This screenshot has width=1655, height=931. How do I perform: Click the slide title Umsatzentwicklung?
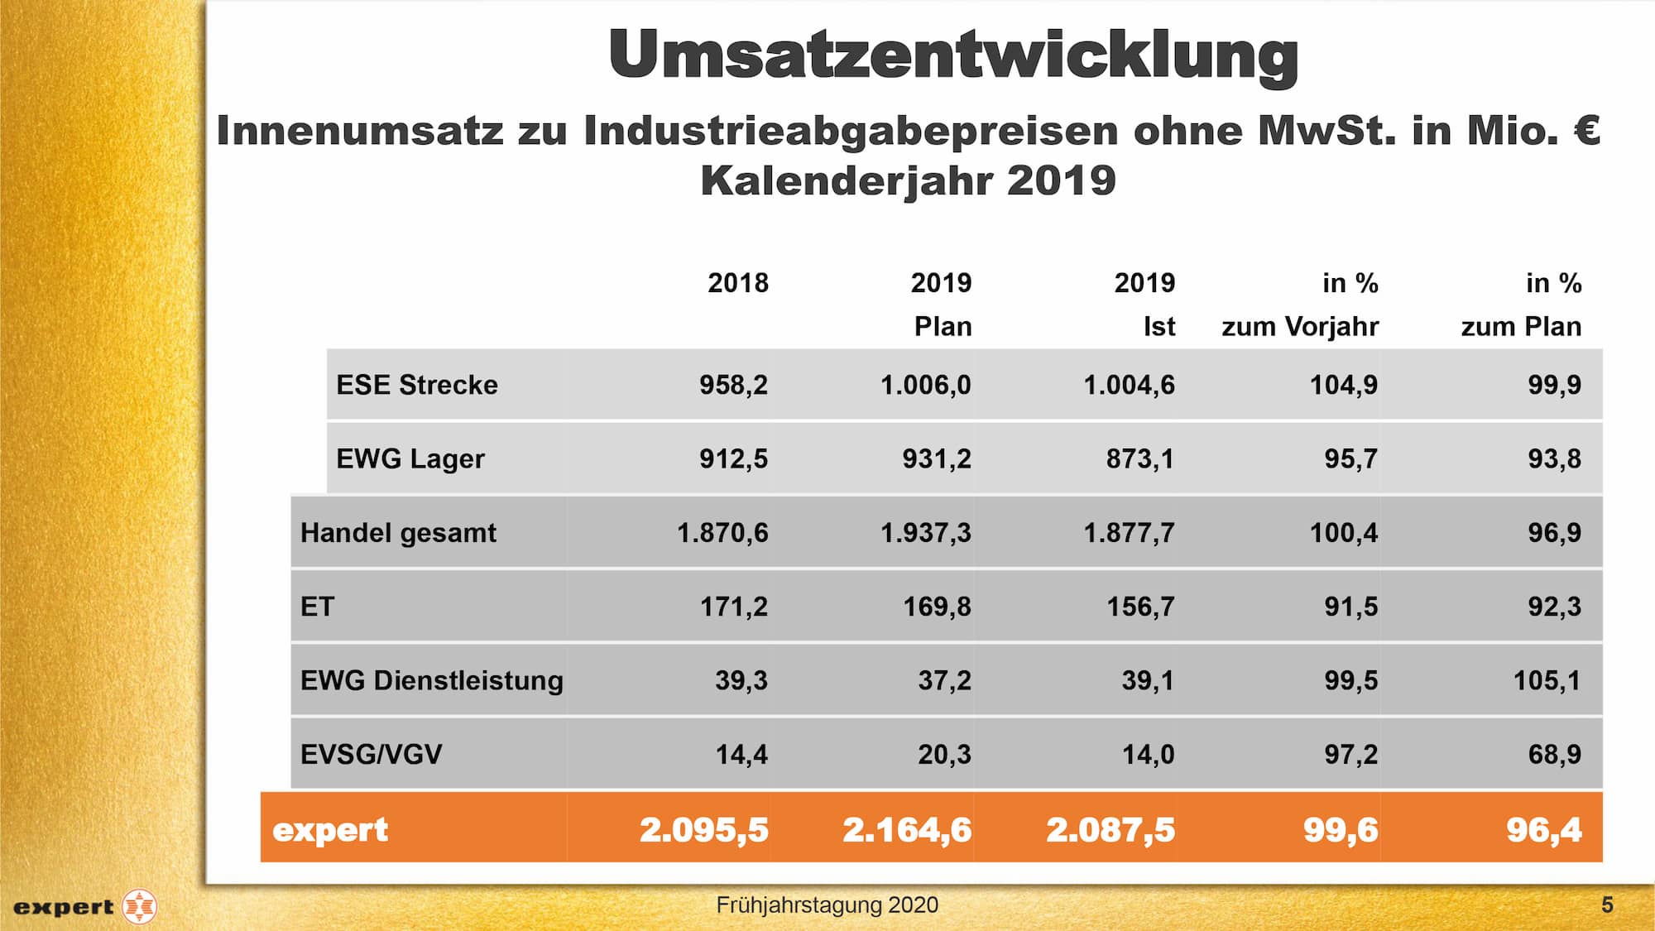(952, 55)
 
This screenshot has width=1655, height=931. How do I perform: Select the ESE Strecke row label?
(417, 385)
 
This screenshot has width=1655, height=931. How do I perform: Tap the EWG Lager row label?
(410, 458)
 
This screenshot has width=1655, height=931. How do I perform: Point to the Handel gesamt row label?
(398, 533)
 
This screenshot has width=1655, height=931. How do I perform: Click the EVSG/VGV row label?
(371, 754)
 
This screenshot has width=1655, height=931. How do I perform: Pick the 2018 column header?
(737, 283)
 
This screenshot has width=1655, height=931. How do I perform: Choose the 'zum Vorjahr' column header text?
(1299, 326)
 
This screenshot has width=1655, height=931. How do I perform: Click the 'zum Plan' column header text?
(1520, 326)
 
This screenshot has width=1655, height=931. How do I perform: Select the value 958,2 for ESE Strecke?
(733, 385)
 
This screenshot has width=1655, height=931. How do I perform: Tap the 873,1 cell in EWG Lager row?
(1139, 458)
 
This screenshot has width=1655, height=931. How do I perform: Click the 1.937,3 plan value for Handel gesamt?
(925, 533)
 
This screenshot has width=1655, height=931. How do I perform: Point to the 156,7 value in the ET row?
(1140, 607)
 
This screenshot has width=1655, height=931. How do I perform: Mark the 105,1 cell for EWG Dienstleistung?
(1547, 680)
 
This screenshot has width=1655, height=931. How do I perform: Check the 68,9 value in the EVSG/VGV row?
(1554, 754)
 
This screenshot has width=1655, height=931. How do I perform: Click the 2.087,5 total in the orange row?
(1110, 829)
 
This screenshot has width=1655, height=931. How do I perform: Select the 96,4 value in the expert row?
(1543, 829)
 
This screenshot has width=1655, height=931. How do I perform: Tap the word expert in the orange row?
(329, 829)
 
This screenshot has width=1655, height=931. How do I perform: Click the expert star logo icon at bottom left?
(139, 907)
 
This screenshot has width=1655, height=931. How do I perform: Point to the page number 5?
(1607, 905)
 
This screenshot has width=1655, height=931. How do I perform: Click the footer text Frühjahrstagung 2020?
(827, 905)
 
